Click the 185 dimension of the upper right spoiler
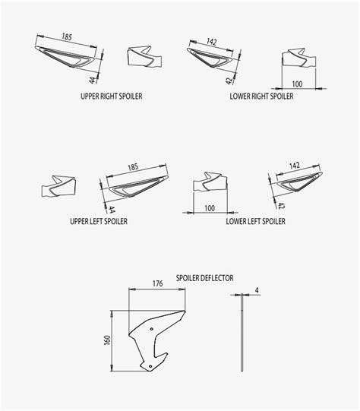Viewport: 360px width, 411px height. [67, 36]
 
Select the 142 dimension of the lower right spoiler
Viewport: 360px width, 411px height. [212, 42]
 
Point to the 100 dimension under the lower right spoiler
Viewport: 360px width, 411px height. [297, 84]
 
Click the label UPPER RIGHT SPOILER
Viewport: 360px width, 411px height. [112, 96]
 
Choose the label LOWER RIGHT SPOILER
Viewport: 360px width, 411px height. [261, 96]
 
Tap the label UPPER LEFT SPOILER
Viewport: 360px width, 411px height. [99, 221]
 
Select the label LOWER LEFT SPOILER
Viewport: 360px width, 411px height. [256, 221]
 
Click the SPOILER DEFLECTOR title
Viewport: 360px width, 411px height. [204, 278]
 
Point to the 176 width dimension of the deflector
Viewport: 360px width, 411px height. [157, 283]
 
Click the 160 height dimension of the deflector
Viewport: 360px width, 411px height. [107, 340]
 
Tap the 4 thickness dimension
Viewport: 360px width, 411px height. [257, 290]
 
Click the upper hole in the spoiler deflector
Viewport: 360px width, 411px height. [152, 329]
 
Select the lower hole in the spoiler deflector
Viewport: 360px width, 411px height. [150, 366]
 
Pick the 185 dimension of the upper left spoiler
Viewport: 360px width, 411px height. [133, 167]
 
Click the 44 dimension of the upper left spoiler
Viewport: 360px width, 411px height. [112, 210]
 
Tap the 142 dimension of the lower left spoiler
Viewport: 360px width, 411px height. [295, 166]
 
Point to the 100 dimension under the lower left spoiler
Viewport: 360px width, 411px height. [210, 208]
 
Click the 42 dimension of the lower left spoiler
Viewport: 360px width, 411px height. [280, 206]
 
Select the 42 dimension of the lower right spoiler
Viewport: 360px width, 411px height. [229, 81]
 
